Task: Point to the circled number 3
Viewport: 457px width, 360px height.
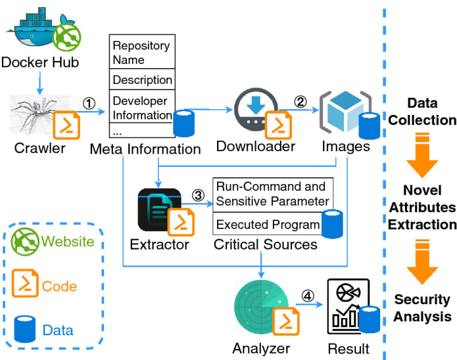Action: point(197,196)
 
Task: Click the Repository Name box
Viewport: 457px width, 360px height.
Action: point(141,53)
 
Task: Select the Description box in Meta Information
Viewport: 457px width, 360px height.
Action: point(142,80)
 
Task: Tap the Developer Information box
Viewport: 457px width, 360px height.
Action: point(141,108)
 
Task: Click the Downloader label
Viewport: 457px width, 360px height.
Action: point(255,146)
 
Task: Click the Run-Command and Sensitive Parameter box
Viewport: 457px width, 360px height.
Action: point(272,194)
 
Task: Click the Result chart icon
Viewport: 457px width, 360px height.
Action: point(346,306)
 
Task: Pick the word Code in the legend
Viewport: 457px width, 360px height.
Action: point(60,286)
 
